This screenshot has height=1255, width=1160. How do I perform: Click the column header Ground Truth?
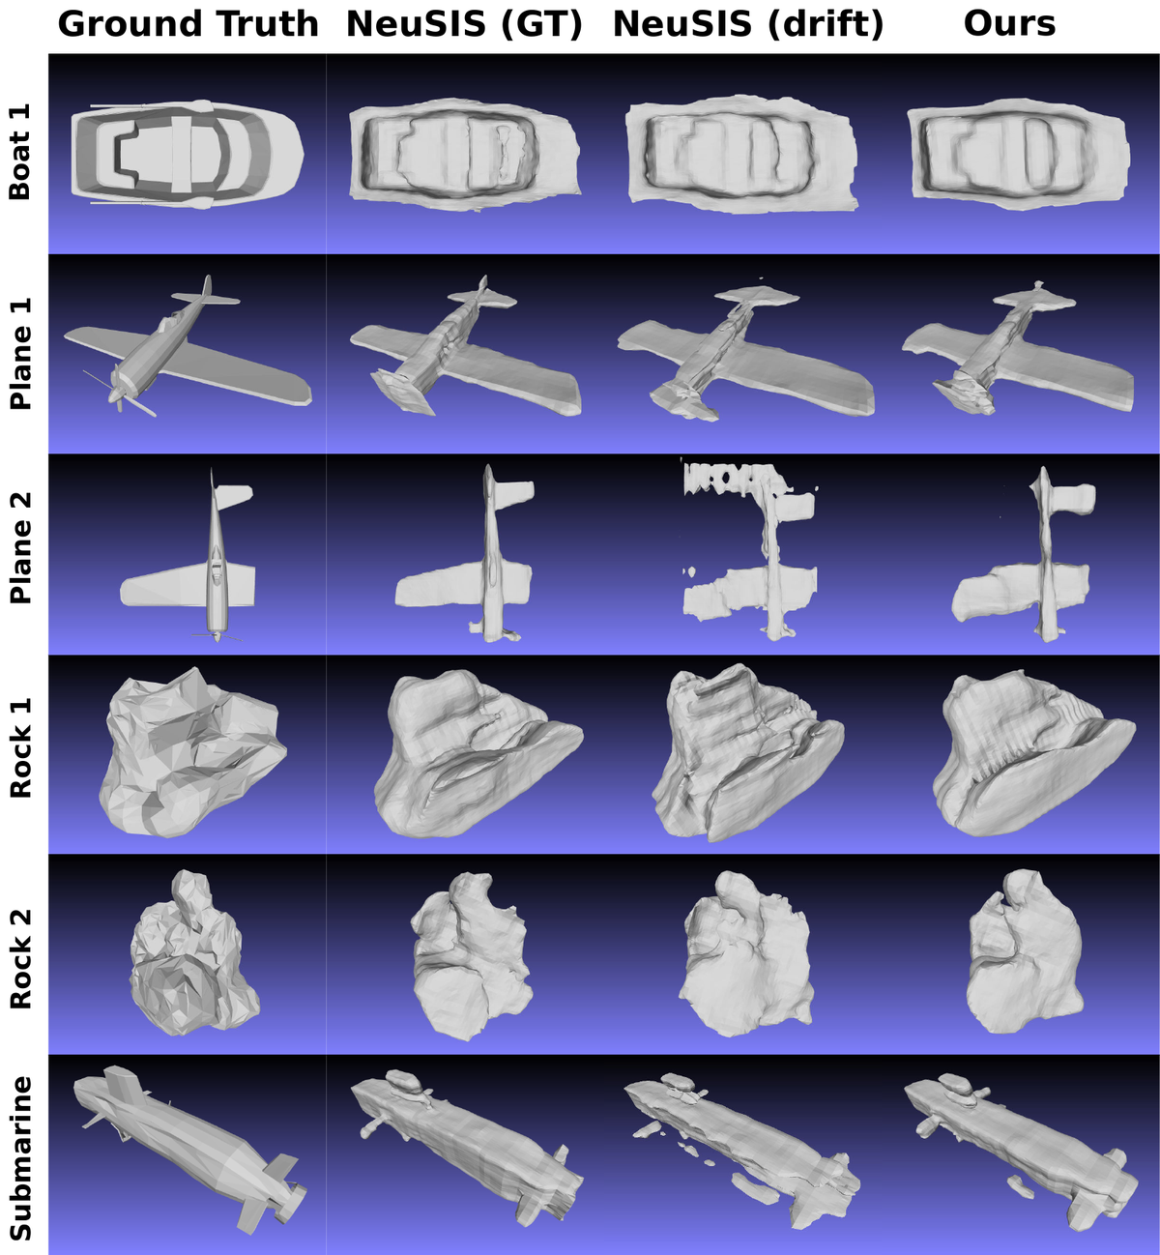(x=188, y=24)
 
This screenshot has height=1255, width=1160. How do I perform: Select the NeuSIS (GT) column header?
(x=464, y=24)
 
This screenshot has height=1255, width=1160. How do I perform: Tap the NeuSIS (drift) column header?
(x=748, y=24)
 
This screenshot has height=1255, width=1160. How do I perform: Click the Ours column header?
(x=1009, y=24)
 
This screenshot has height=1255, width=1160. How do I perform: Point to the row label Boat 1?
(x=20, y=153)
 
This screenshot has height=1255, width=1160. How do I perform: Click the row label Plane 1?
(x=20, y=354)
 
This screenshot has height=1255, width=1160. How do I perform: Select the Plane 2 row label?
(x=20, y=548)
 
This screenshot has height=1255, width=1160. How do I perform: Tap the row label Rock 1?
(x=20, y=748)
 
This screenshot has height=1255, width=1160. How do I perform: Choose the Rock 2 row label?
(x=20, y=958)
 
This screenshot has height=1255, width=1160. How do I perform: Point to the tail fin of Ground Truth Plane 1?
(x=206, y=293)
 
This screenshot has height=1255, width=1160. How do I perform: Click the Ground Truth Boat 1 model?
(x=188, y=155)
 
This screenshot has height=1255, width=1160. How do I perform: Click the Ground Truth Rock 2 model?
(x=194, y=952)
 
